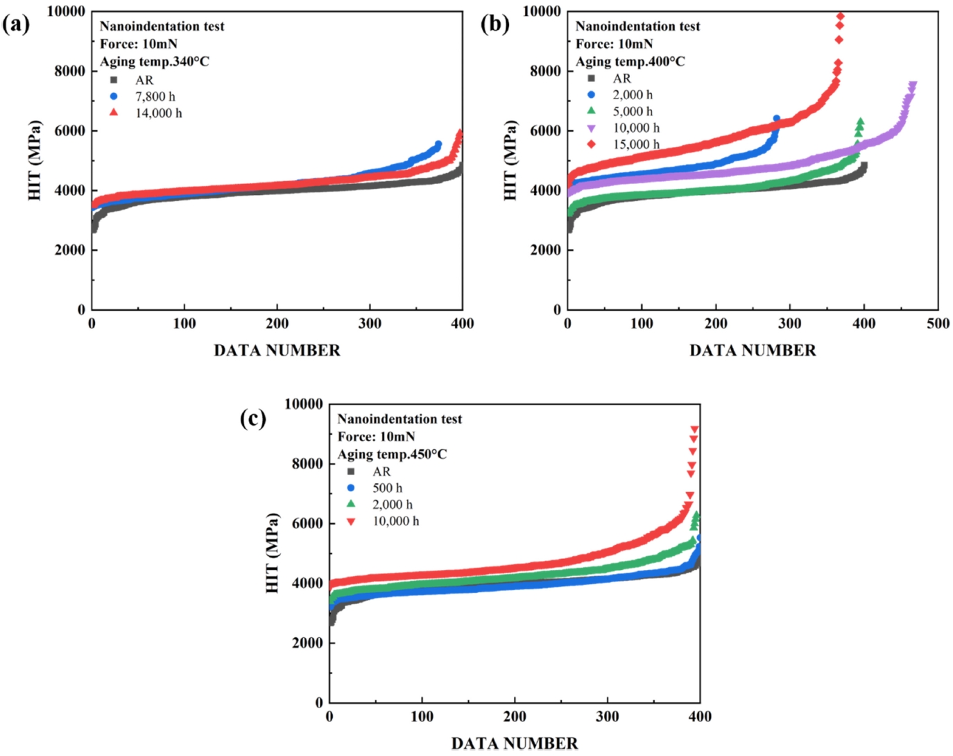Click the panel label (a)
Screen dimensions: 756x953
(16, 24)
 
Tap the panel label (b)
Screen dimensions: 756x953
(495, 24)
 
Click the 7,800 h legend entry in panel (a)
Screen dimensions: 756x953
(155, 96)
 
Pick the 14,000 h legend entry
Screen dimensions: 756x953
(158, 113)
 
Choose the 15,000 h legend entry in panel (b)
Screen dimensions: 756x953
(635, 144)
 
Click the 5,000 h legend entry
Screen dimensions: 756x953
(632, 111)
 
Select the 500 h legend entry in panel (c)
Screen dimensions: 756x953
(387, 488)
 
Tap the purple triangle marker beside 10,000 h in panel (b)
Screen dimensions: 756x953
(592, 128)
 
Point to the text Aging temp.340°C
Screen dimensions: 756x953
(154, 62)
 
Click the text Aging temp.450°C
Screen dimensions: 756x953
(392, 455)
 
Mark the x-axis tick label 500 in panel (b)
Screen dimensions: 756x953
(938, 324)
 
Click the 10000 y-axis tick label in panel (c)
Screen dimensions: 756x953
(304, 404)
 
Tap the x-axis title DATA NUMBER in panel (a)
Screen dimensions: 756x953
(277, 351)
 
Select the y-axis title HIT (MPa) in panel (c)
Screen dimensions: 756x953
(273, 553)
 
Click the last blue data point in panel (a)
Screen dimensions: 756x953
(438, 144)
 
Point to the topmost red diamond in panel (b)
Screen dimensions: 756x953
(840, 16)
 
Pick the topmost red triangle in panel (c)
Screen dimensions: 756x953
(694, 430)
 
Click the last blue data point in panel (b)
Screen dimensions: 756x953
(776, 119)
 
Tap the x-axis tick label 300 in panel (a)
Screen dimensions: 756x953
(370, 324)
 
